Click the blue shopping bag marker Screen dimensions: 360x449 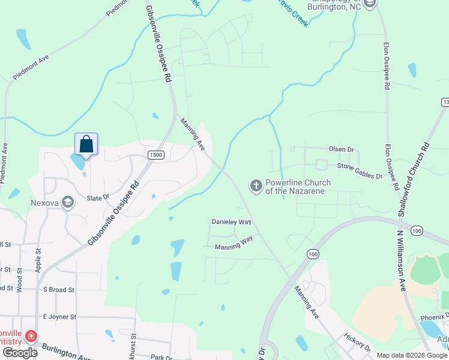pyautogui.click(x=86, y=145)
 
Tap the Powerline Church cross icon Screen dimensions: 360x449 pyautogui.click(x=256, y=186)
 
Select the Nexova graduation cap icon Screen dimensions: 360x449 pyautogui.click(x=68, y=203)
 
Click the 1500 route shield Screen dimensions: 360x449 pyautogui.click(x=155, y=155)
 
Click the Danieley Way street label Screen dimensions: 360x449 pyautogui.click(x=231, y=222)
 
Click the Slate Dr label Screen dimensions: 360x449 pyautogui.click(x=97, y=197)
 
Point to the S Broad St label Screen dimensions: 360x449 pyautogui.click(x=58, y=289)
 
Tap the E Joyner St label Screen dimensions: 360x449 pyautogui.click(x=59, y=316)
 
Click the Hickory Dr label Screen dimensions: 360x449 pyautogui.click(x=357, y=345)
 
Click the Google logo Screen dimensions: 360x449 pyautogui.click(x=20, y=353)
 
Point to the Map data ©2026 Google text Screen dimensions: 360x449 pyautogui.click(x=412, y=355)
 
